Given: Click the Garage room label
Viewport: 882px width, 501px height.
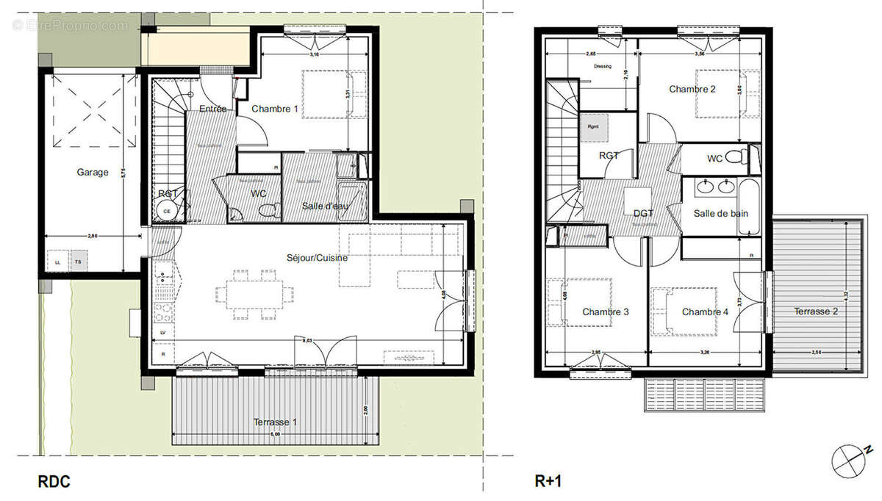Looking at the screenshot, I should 93,173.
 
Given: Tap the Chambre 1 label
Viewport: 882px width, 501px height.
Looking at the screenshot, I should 275,109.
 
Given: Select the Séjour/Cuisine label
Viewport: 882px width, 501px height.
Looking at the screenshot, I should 318,258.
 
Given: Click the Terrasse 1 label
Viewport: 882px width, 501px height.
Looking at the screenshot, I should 276,422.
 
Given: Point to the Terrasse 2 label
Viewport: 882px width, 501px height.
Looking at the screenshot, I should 816,311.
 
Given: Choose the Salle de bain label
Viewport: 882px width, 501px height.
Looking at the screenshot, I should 720,213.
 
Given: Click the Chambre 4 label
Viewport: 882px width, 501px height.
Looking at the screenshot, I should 705,312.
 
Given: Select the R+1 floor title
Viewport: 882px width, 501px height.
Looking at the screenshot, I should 548,482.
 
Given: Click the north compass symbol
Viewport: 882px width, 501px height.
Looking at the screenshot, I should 850,461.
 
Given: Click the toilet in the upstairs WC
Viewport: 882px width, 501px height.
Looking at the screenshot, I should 744,157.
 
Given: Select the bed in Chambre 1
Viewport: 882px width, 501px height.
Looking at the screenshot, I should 334,94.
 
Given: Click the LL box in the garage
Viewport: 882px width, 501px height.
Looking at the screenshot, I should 57,261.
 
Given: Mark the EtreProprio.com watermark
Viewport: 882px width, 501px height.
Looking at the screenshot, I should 70,25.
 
